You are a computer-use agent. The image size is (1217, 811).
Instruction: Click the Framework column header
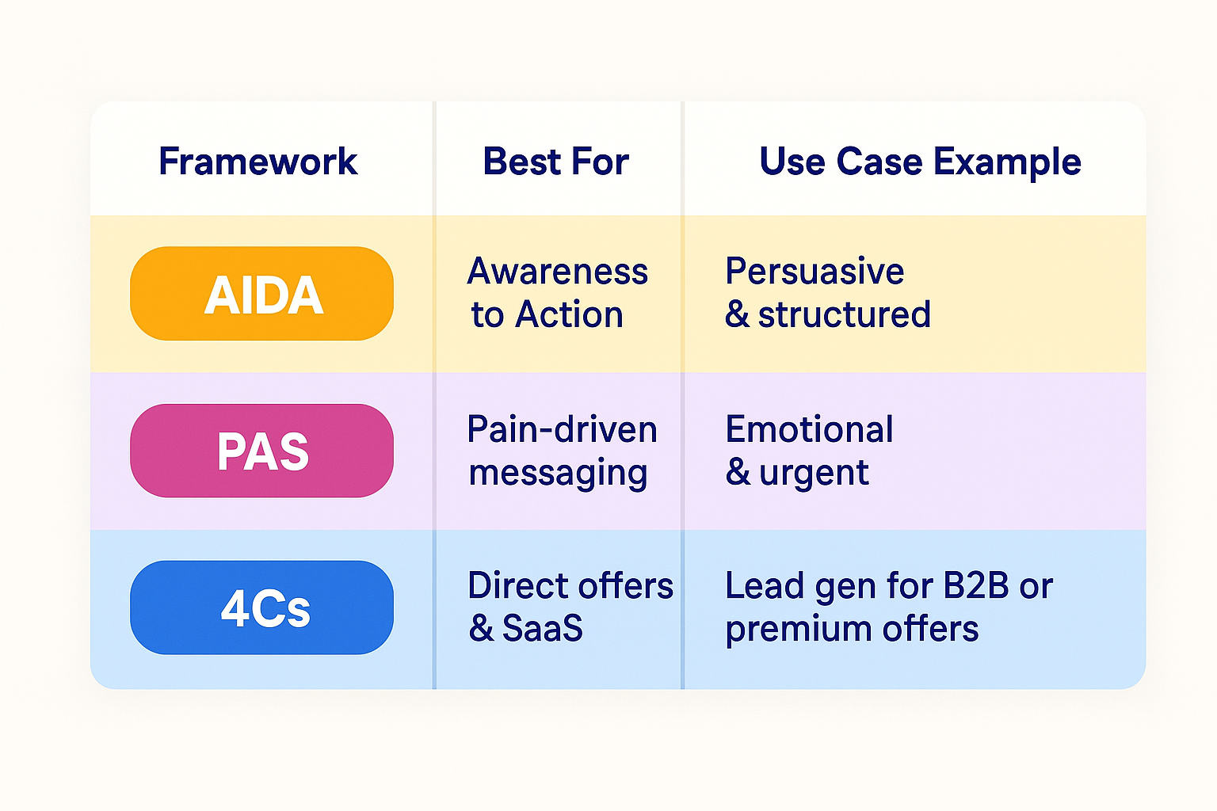click(x=258, y=162)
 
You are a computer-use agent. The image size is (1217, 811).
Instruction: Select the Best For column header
click(x=555, y=162)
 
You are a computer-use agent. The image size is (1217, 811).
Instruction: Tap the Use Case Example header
click(x=921, y=162)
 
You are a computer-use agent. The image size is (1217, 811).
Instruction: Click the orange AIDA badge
click(x=262, y=293)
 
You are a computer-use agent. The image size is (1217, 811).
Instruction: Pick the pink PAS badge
click(x=262, y=451)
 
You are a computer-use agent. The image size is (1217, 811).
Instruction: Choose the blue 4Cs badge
click(x=262, y=607)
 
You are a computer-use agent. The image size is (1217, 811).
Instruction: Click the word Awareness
click(x=558, y=271)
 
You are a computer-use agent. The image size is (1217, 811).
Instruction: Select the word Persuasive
click(x=815, y=271)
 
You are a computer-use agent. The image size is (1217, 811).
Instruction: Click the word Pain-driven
click(x=563, y=429)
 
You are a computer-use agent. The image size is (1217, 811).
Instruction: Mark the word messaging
click(x=558, y=474)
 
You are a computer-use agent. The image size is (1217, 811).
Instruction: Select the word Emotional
click(x=809, y=429)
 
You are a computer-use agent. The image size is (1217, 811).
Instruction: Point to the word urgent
click(x=814, y=474)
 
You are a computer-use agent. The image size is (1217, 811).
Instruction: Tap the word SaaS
click(x=542, y=628)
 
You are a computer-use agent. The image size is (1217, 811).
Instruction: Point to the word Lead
click(x=765, y=585)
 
